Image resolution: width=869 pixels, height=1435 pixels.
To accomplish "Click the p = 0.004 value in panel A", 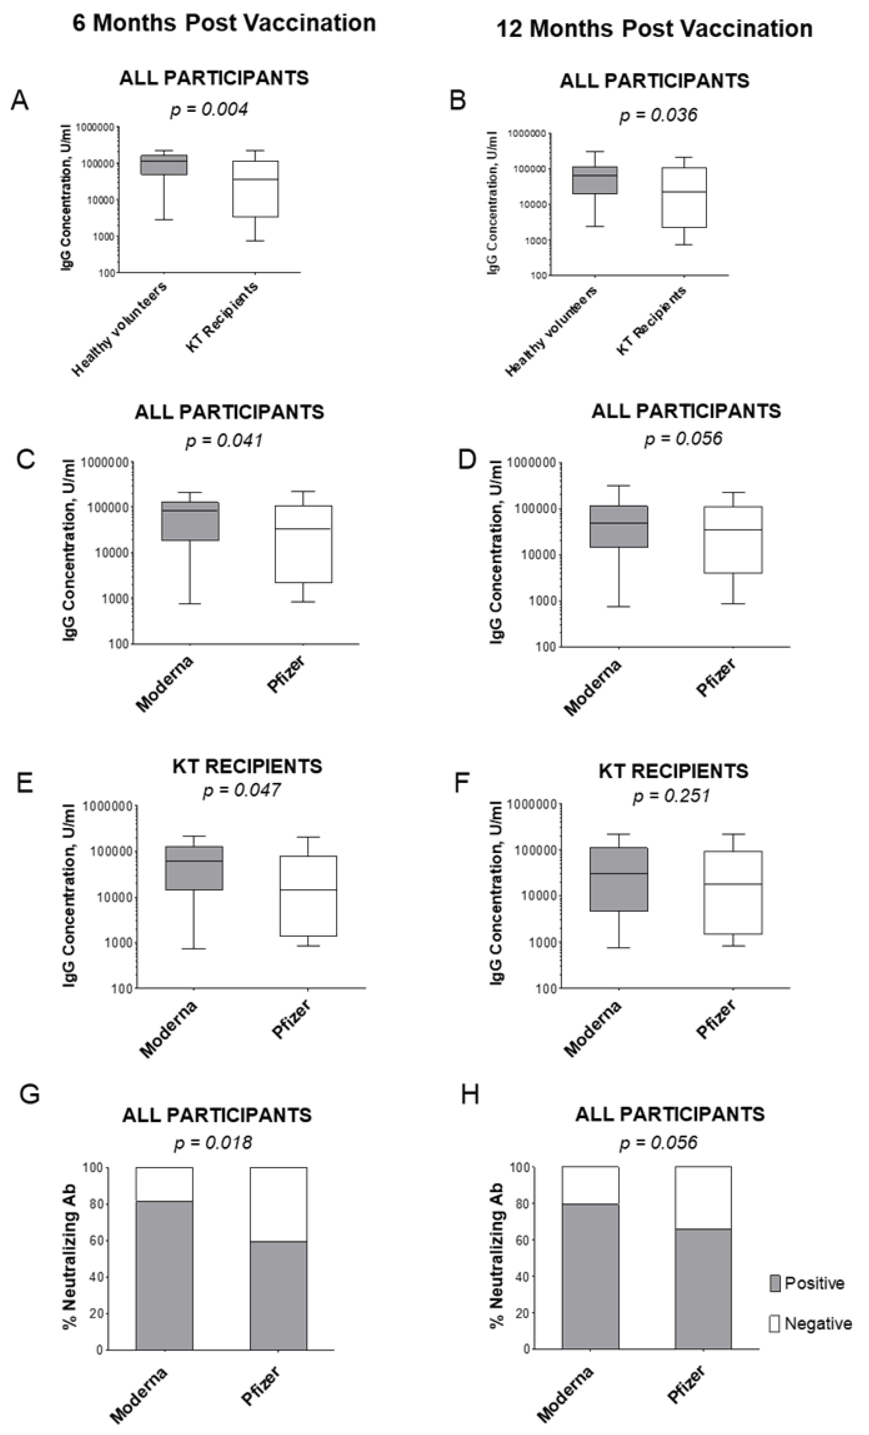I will (x=209, y=109).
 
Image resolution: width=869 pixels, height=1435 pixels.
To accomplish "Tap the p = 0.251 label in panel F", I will (x=672, y=795).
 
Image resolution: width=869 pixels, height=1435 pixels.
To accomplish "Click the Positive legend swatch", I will (x=775, y=1283).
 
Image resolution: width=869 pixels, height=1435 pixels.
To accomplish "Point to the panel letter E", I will (x=24, y=783).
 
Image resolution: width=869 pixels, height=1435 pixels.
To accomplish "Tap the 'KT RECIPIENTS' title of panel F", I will (x=673, y=771).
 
